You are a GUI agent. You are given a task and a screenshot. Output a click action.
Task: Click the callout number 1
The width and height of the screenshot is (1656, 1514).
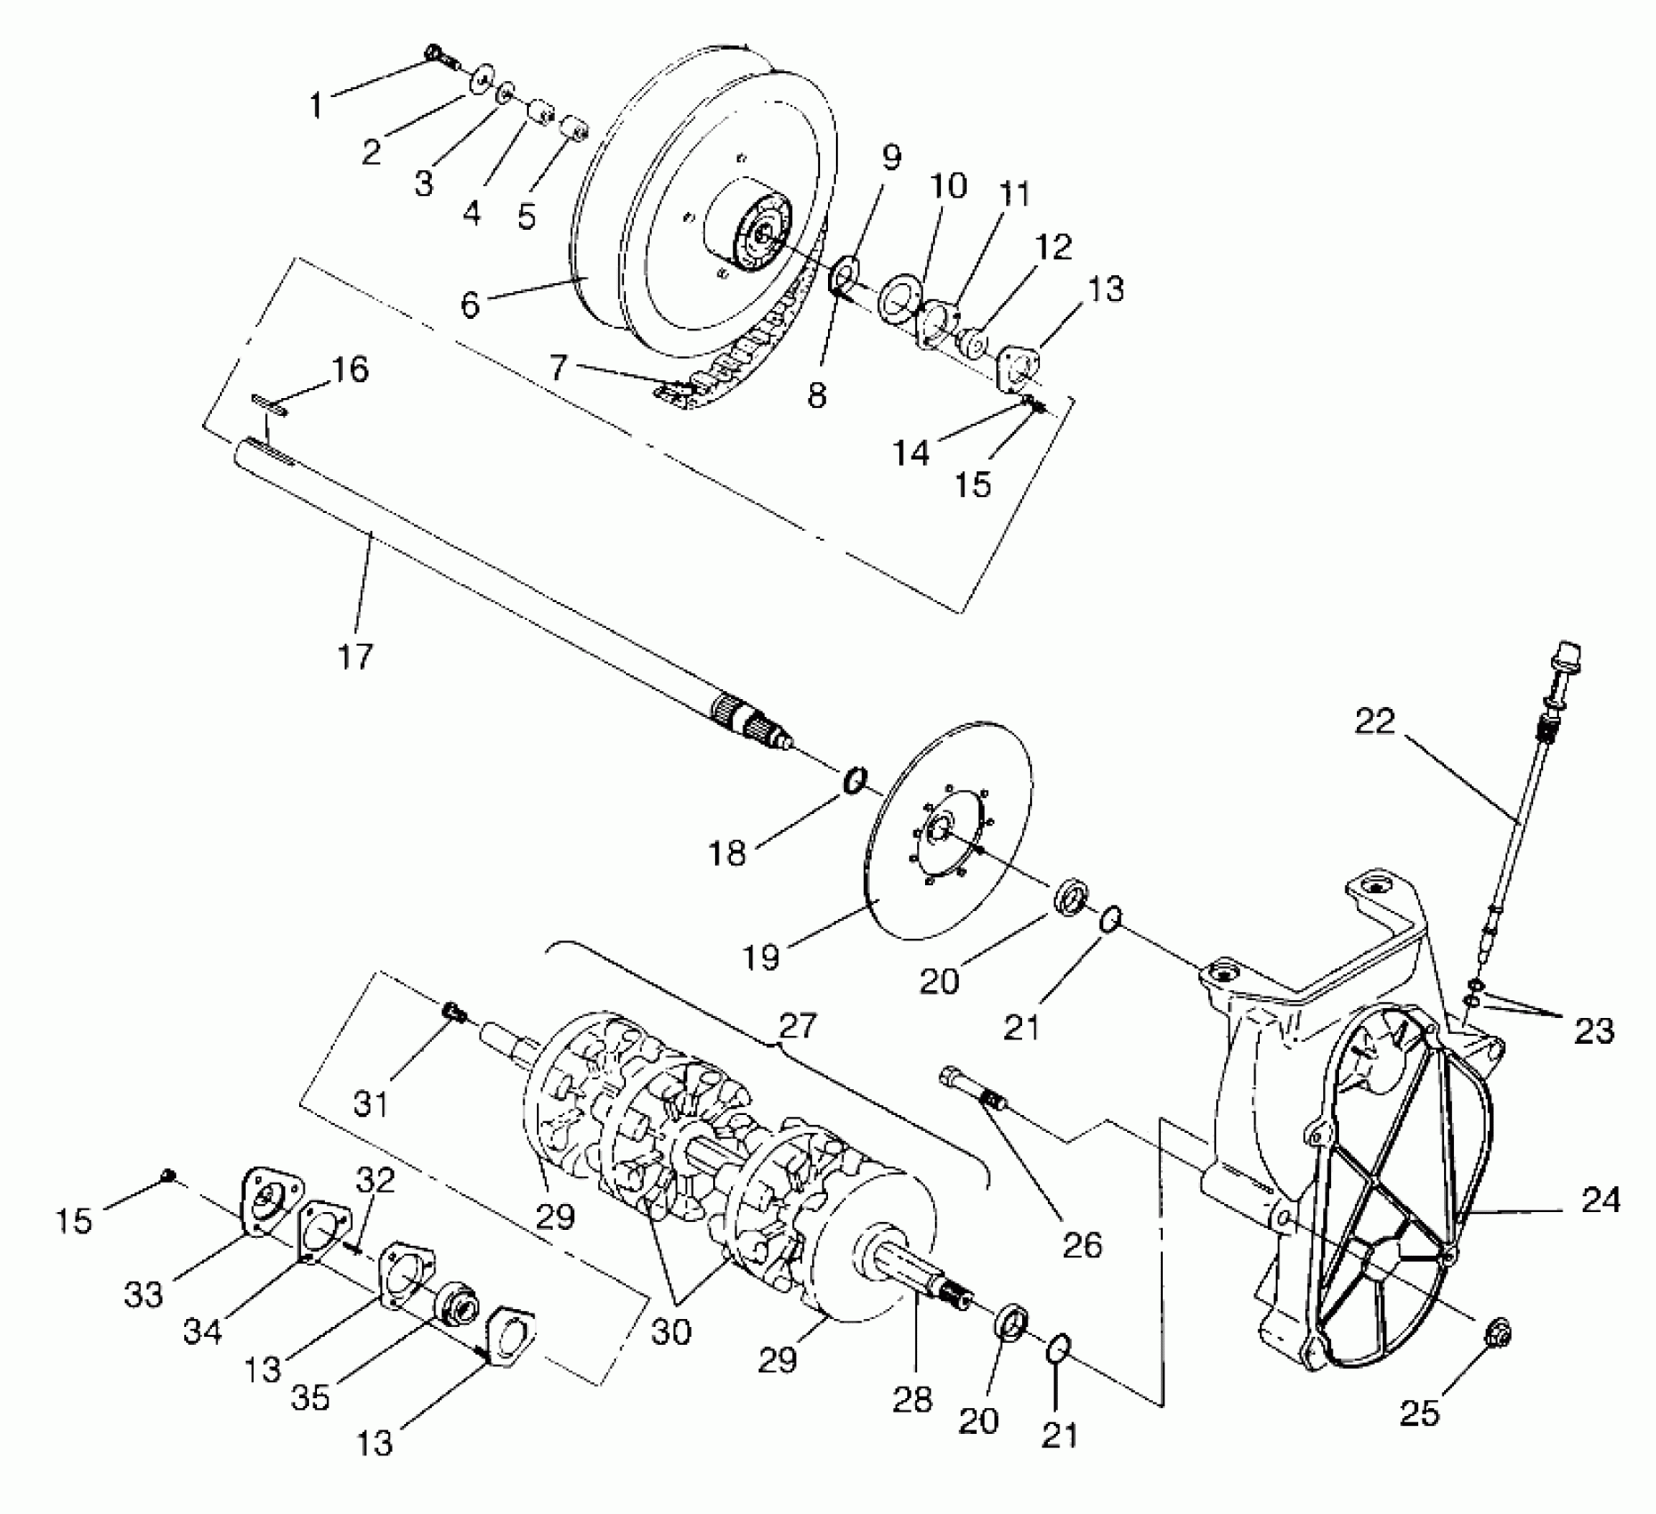pos(316,105)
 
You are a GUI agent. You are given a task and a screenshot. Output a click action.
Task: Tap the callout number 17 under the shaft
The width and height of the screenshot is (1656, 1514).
pos(354,656)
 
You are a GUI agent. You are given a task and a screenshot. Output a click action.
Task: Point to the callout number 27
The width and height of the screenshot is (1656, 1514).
pos(797,1026)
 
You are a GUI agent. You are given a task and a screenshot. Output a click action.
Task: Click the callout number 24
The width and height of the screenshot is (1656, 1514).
pos(1601,1201)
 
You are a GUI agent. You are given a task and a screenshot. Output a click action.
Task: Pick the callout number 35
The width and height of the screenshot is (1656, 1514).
pos(311,1396)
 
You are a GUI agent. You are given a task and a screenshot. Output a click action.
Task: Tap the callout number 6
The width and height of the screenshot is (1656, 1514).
pos(470,305)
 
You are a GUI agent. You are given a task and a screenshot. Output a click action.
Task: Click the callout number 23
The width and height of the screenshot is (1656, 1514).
pos(1593,1030)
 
